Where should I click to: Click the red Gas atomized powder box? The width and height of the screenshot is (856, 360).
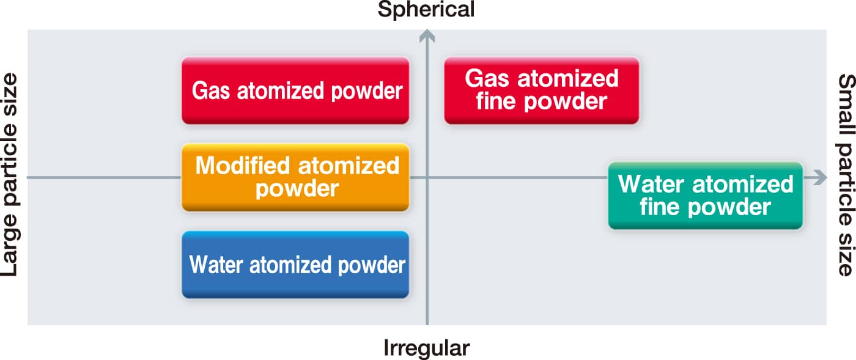tap(295, 90)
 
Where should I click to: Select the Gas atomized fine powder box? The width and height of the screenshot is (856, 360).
tap(541, 90)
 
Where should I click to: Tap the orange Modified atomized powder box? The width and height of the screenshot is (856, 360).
tap(295, 177)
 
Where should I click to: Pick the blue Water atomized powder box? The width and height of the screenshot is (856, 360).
tap(295, 265)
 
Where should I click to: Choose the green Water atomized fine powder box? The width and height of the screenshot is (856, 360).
tap(705, 196)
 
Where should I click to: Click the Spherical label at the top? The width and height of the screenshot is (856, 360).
tap(426, 10)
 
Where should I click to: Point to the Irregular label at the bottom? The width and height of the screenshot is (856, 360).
tap(426, 348)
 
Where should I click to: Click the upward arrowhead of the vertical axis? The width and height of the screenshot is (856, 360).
tap(427, 37)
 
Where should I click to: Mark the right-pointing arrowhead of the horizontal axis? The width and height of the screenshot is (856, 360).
tap(819, 178)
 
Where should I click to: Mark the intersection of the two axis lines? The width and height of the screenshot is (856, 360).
tap(427, 178)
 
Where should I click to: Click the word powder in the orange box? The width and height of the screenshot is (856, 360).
tap(297, 188)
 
